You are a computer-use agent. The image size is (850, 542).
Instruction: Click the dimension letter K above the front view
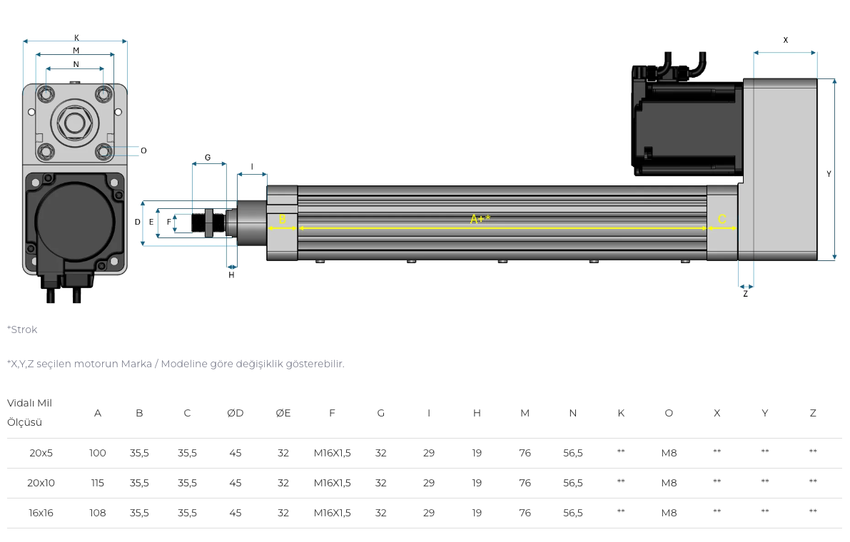(x=76, y=38)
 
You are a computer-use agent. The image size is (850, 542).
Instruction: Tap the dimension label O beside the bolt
(x=143, y=150)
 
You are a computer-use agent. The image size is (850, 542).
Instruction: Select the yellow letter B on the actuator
(x=283, y=219)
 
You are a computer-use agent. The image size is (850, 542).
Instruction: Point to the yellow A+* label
(x=480, y=219)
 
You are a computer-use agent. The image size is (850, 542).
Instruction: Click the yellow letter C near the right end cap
(x=722, y=219)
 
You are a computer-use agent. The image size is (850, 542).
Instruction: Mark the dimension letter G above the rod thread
(x=208, y=158)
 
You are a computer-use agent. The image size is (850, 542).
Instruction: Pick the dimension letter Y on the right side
(x=829, y=174)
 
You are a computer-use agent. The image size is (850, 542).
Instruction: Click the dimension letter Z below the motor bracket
(x=745, y=294)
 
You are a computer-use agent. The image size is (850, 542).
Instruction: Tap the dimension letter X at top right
(x=786, y=40)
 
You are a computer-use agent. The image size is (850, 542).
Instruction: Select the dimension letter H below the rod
(x=231, y=275)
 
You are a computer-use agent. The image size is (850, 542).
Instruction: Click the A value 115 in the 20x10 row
(x=98, y=483)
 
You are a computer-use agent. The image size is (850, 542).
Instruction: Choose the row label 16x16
(x=41, y=513)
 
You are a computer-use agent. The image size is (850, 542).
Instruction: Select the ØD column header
(x=236, y=413)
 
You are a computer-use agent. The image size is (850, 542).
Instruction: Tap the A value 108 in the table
(x=98, y=513)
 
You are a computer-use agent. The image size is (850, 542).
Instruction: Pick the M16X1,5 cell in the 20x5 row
(x=333, y=453)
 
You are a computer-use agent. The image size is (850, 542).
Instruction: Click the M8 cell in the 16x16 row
(x=669, y=513)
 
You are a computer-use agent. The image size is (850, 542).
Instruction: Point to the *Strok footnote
(x=22, y=329)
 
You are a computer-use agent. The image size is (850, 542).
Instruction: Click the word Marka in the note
(x=136, y=364)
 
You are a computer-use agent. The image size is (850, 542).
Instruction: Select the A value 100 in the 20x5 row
(x=98, y=453)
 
